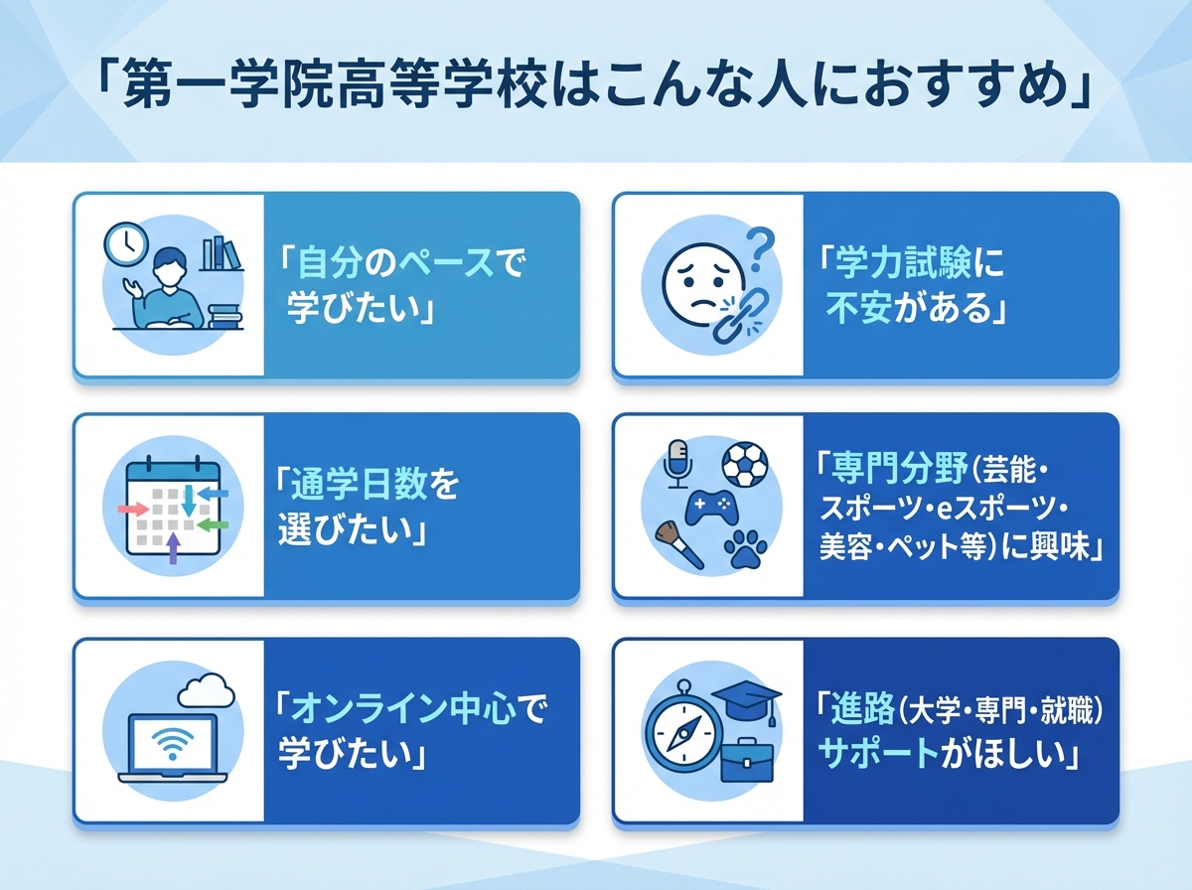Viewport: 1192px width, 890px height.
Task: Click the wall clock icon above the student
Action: tap(126, 242)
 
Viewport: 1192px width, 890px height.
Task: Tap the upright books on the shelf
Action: tap(221, 253)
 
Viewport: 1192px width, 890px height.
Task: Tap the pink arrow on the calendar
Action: tap(131, 509)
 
